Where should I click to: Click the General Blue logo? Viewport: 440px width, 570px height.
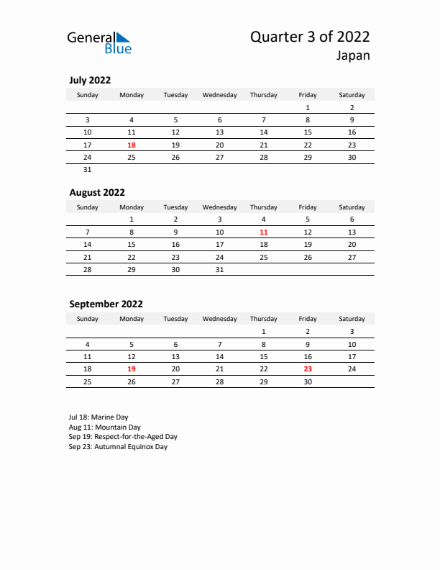tap(99, 42)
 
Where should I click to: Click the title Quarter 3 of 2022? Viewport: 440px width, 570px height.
tap(310, 37)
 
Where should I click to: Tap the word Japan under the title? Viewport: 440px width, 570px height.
tap(352, 55)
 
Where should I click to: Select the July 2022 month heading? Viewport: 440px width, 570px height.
tap(90, 80)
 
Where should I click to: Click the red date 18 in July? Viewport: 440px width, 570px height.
tap(132, 145)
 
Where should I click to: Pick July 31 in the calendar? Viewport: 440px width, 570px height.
tap(88, 170)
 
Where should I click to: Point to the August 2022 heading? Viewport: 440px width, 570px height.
tap(97, 192)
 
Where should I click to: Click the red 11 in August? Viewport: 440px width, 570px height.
tap(264, 232)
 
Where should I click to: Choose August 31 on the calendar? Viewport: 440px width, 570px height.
tap(220, 270)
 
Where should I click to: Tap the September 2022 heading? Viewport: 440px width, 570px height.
tap(106, 304)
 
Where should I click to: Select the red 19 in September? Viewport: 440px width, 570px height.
tap(132, 368)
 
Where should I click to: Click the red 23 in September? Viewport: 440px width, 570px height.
tap(308, 368)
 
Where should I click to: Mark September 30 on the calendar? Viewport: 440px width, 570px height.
tap(308, 381)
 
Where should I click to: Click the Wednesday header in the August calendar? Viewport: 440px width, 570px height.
tap(220, 207)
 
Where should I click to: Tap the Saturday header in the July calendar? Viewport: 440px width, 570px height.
tap(352, 95)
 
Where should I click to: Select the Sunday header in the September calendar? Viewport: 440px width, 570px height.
tap(88, 319)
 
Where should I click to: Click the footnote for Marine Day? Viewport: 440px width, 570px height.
tap(99, 417)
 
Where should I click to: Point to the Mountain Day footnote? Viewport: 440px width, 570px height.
tap(105, 427)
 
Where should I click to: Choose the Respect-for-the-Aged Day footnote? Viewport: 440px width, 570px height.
tap(123, 436)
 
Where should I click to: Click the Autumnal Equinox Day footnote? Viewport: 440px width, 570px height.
tap(118, 446)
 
